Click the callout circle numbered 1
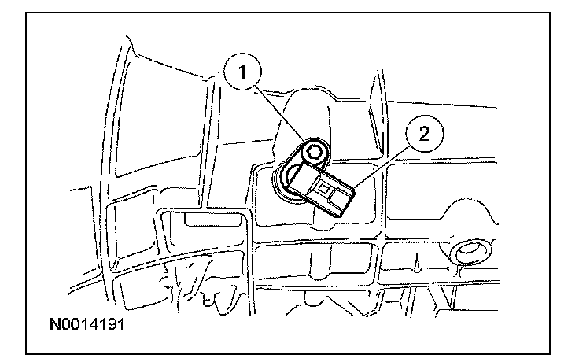(x=244, y=72)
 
